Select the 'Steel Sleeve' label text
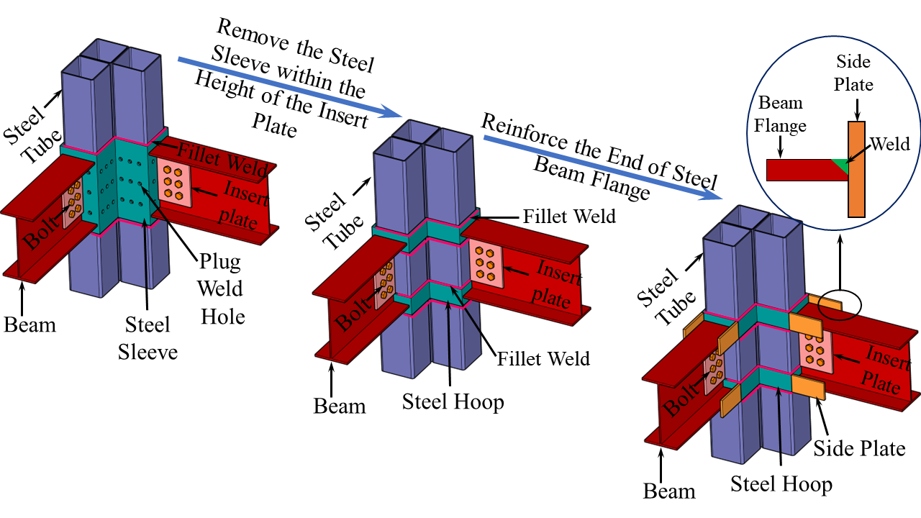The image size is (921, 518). [x=148, y=337]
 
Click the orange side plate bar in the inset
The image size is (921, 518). [x=856, y=169]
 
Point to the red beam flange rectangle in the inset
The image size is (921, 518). [x=799, y=171]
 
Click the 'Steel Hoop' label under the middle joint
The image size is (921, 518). [x=453, y=401]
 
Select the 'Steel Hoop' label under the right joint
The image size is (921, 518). [x=781, y=483]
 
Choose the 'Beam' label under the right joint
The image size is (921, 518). [x=669, y=491]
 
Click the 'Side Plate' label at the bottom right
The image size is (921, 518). [x=859, y=448]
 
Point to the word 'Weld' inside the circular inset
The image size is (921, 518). [x=889, y=143]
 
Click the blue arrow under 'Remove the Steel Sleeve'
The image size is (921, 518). [x=288, y=88]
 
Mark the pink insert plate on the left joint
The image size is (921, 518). [x=176, y=183]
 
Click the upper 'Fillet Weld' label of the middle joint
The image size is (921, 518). [x=569, y=215]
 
